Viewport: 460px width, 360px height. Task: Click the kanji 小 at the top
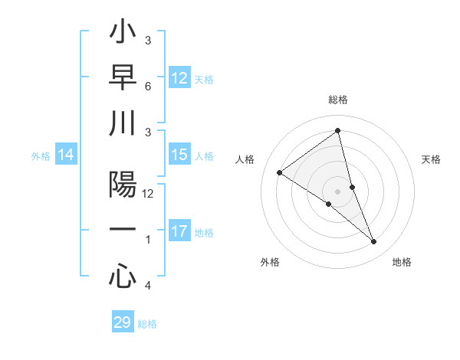(123, 34)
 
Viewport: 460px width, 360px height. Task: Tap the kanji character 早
(123, 78)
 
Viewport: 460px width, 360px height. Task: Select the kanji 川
(123, 123)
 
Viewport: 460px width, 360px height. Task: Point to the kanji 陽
(123, 185)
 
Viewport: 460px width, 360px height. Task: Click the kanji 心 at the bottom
(123, 276)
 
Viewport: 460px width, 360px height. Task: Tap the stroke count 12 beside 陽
(148, 194)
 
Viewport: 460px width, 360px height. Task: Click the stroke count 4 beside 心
(147, 286)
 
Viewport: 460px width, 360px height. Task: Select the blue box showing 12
(179, 77)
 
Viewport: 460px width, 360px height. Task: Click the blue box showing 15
(179, 155)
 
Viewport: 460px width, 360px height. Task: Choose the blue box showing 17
(179, 231)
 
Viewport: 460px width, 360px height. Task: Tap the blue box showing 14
(66, 155)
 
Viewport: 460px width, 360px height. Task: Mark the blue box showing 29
(123, 322)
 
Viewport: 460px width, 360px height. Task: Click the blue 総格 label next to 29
(148, 324)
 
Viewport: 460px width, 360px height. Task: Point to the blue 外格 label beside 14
(41, 156)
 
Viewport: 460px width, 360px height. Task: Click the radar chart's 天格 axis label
(432, 159)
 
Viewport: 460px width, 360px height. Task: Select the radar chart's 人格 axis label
(245, 159)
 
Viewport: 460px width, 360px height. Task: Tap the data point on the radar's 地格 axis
(374, 242)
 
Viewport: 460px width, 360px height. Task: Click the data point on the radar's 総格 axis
(337, 130)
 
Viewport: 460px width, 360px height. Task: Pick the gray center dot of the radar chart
(337, 191)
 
